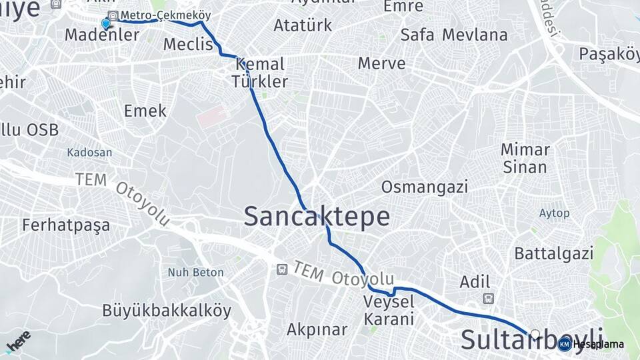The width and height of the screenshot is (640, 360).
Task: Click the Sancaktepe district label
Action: pos(317,217)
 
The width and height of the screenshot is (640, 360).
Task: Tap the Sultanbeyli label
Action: pos(532,339)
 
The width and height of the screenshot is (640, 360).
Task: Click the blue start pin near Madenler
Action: pos(106,24)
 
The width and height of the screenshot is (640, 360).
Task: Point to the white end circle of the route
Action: pos(535,334)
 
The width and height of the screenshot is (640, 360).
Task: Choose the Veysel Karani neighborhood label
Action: pos(389,310)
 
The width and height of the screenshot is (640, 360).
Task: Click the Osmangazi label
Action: pos(425,187)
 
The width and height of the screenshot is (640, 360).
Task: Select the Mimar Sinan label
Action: pos(525,158)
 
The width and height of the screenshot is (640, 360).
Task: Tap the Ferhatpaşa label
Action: pos(65,225)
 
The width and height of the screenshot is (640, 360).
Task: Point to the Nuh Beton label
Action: pos(195,272)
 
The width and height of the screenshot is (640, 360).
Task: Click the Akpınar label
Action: pos(317,329)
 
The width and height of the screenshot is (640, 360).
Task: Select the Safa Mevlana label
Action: pos(453,35)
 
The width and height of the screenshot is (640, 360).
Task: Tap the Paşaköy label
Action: pos(609,53)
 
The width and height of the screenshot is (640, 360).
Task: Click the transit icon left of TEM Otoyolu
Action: pos(282,269)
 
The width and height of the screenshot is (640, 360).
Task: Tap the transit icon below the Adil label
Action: pos(489,299)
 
